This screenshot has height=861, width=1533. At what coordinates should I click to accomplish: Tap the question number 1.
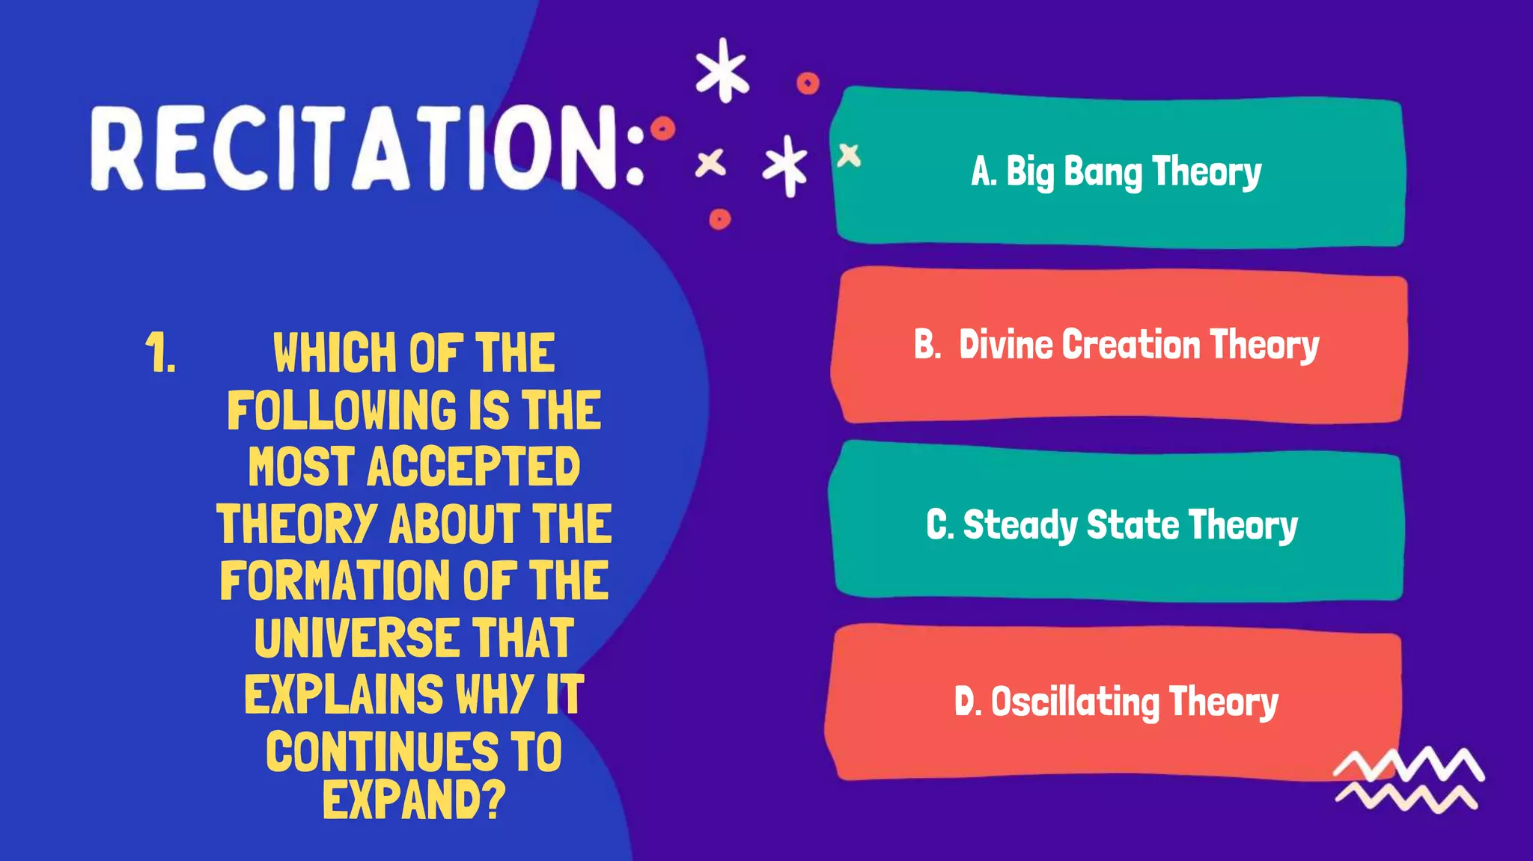pyautogui.click(x=160, y=353)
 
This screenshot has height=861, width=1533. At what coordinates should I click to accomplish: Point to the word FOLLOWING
pyautogui.click(x=341, y=410)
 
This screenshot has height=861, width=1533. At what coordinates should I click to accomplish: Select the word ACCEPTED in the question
pyautogui.click(x=473, y=467)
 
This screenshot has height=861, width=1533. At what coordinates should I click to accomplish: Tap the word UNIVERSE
pyautogui.click(x=356, y=638)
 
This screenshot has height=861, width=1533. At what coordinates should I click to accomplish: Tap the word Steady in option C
pyautogui.click(x=1020, y=525)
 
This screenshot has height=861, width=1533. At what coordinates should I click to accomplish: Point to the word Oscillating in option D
pyautogui.click(x=1075, y=702)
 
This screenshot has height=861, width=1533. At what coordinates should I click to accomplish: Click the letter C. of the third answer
pyautogui.click(x=940, y=525)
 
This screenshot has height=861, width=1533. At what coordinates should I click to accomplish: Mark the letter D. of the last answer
pyautogui.click(x=968, y=702)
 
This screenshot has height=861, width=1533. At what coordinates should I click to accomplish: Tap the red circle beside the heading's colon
pyautogui.click(x=662, y=129)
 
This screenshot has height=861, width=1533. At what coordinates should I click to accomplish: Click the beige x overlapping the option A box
pyautogui.click(x=849, y=156)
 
